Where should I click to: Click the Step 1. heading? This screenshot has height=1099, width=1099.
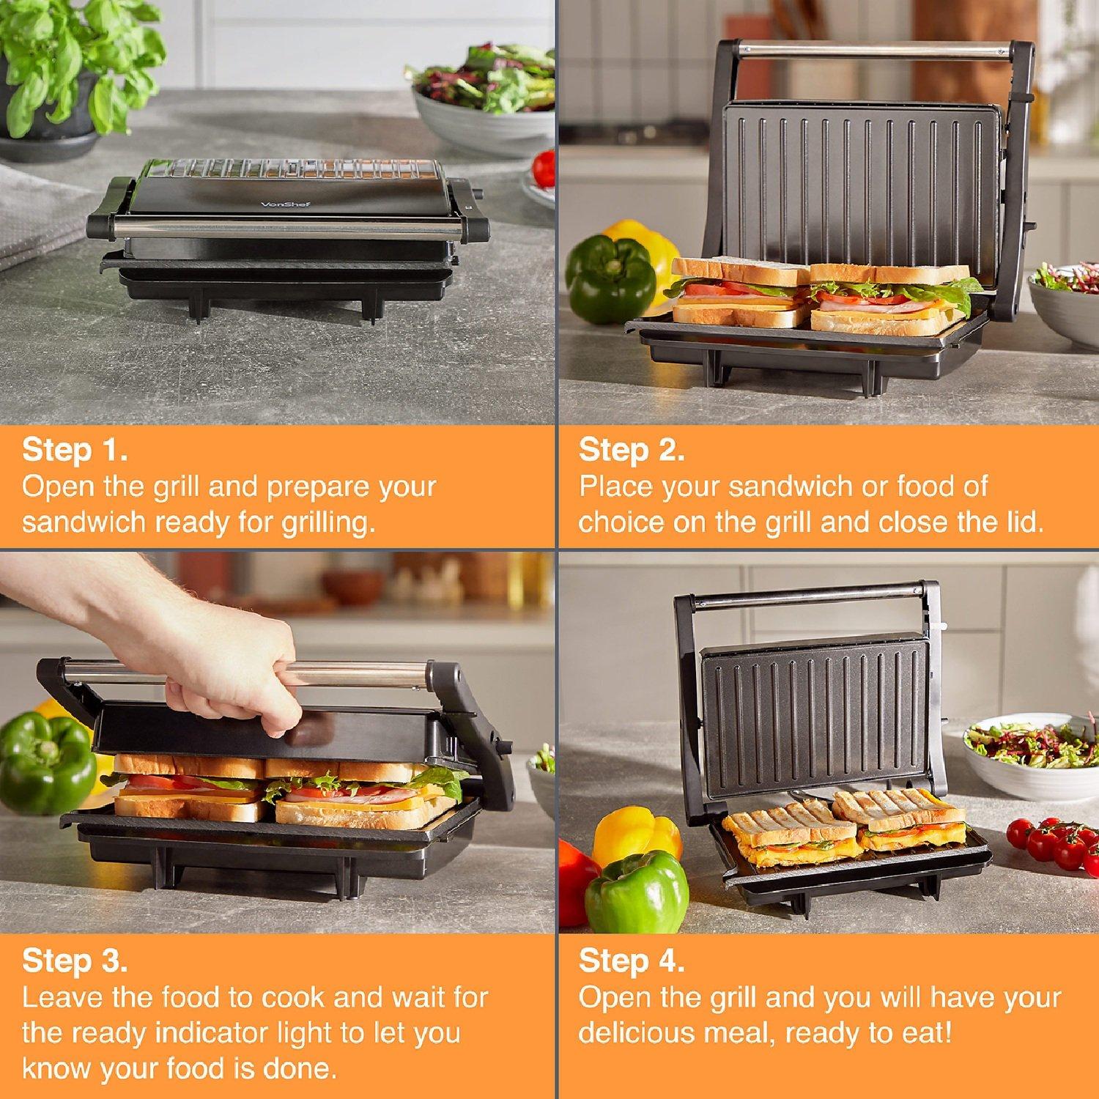tap(75, 450)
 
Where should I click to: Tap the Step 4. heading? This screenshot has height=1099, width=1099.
tap(632, 961)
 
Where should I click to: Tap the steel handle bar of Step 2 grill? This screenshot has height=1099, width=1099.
tap(872, 51)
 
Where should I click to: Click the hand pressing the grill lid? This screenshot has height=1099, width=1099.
tap(220, 659)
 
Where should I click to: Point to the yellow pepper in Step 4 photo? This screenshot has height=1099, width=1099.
tap(636, 835)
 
